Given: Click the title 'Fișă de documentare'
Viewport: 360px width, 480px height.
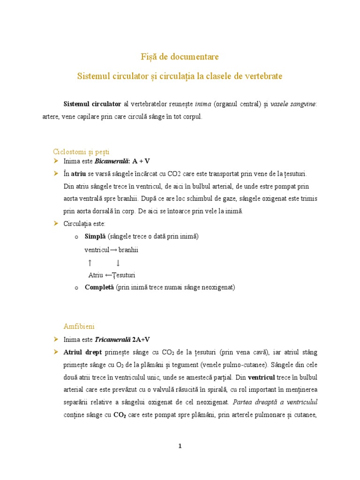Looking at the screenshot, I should point(180,57).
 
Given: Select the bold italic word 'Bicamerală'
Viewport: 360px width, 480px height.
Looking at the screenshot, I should point(112,161).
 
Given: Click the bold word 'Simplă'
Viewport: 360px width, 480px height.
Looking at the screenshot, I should point(95,237).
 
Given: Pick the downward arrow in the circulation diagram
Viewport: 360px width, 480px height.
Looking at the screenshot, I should point(118,262).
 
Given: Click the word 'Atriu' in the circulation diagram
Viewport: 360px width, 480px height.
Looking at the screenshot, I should point(96,275).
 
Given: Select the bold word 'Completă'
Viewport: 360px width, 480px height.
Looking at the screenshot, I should point(99,287).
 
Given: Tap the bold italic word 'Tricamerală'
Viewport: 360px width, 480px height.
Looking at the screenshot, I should point(112,339).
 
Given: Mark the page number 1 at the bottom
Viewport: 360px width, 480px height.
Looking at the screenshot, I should point(180,446).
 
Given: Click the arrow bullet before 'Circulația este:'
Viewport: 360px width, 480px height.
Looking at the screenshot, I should point(56,224).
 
